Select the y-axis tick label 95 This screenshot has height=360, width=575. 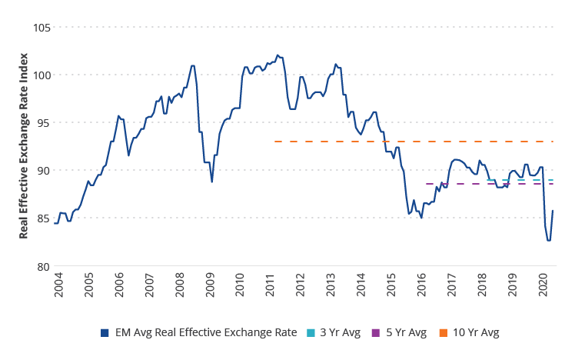click(x=42, y=123)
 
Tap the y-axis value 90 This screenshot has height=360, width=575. click(x=42, y=170)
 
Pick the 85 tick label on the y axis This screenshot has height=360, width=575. click(x=42, y=218)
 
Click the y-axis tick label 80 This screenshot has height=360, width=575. click(x=42, y=266)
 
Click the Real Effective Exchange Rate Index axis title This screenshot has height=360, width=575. click(x=24, y=146)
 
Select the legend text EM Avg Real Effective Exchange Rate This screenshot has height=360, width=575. click(x=205, y=333)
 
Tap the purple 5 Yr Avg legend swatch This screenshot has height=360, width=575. click(x=375, y=333)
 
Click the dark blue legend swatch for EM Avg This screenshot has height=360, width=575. click(x=105, y=333)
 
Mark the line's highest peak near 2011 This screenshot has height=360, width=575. click(x=278, y=55)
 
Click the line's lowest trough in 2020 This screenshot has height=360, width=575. click(x=549, y=240)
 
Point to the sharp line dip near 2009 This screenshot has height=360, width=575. click(x=212, y=182)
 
